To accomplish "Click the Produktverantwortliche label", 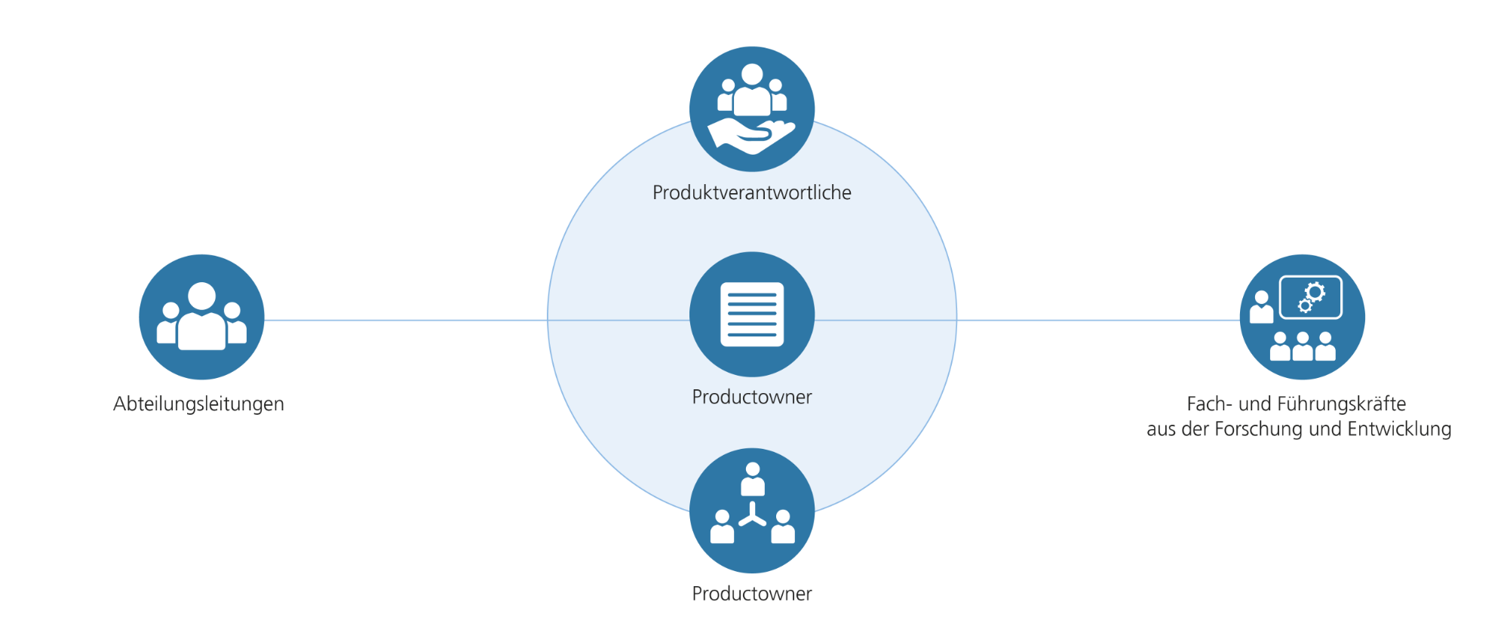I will pos(751,193).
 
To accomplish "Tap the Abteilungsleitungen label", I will pos(198,404).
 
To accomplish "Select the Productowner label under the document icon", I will pos(751,397).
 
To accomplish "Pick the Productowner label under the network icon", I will pos(751,594).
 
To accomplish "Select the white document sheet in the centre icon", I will pos(752,315).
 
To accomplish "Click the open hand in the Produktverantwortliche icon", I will pos(750,136).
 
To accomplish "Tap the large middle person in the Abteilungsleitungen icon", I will pos(201,317).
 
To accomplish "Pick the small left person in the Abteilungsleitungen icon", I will pos(169,324).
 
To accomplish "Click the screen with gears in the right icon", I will pos(1311,297).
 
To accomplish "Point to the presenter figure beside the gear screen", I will pos(1261,308).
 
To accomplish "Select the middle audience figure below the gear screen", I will pos(1303,346).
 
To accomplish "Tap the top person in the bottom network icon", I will pos(752,480).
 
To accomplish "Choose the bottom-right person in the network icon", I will pos(783,527).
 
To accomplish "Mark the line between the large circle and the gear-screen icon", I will pos(1097,320).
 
